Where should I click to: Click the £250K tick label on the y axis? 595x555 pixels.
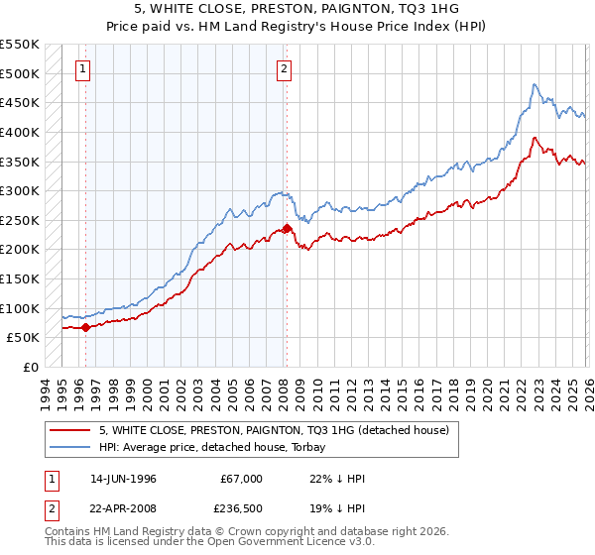[x=20, y=220]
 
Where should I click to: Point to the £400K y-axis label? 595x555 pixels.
[x=20, y=132]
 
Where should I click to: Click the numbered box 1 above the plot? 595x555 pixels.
[x=81, y=68]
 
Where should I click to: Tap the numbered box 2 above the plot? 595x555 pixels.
[x=284, y=68]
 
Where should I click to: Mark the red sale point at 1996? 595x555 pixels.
[x=86, y=327]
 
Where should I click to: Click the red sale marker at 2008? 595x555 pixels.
[x=287, y=228]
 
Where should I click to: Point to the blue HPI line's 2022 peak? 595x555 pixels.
[x=535, y=85]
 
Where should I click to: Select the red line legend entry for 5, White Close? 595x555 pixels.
[x=274, y=430]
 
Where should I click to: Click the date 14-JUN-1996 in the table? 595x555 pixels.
[x=123, y=479]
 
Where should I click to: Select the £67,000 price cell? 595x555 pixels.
[x=242, y=479]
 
